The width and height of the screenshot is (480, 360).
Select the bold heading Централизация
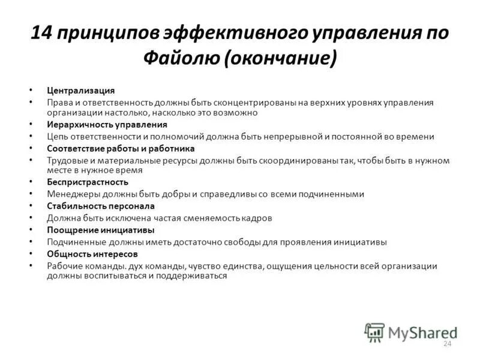[81, 90]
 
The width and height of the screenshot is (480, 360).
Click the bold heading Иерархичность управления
[107, 125]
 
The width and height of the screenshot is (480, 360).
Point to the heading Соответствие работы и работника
[121, 148]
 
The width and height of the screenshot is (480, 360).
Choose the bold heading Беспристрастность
[88, 182]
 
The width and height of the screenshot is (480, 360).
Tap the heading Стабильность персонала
[101, 206]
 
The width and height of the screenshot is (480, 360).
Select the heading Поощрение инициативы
[101, 230]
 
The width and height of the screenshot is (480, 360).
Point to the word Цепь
[57, 136]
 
